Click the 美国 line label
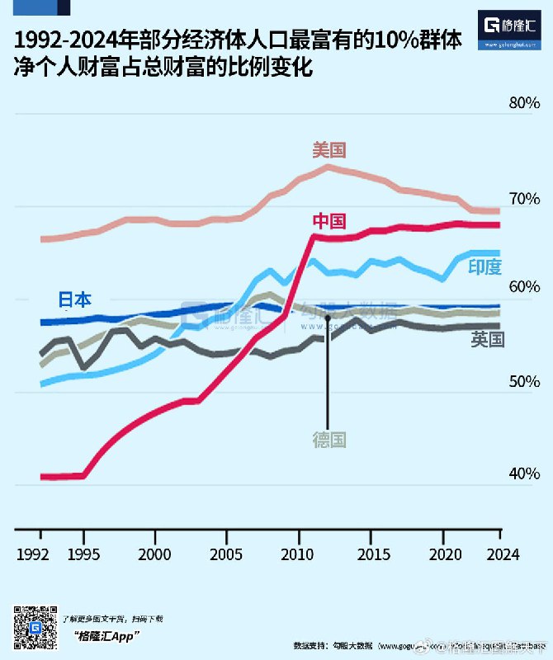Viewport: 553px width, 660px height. [x=328, y=150]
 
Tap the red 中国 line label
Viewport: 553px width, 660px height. [x=328, y=221]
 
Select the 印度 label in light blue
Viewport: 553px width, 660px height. [x=484, y=266]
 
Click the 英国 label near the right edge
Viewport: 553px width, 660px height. [x=488, y=339]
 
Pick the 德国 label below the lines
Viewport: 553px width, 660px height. [x=328, y=440]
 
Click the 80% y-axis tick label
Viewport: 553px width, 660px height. [x=523, y=103]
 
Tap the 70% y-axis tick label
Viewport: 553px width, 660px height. [x=523, y=199]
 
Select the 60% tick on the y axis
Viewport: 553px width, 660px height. [x=523, y=287]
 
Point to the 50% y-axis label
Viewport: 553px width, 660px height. [x=523, y=382]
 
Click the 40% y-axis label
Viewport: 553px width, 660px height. [x=523, y=474]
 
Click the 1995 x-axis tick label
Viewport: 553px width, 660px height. [x=83, y=554]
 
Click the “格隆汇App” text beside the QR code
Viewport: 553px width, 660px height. [x=105, y=635]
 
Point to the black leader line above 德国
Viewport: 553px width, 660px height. [x=328, y=379]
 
